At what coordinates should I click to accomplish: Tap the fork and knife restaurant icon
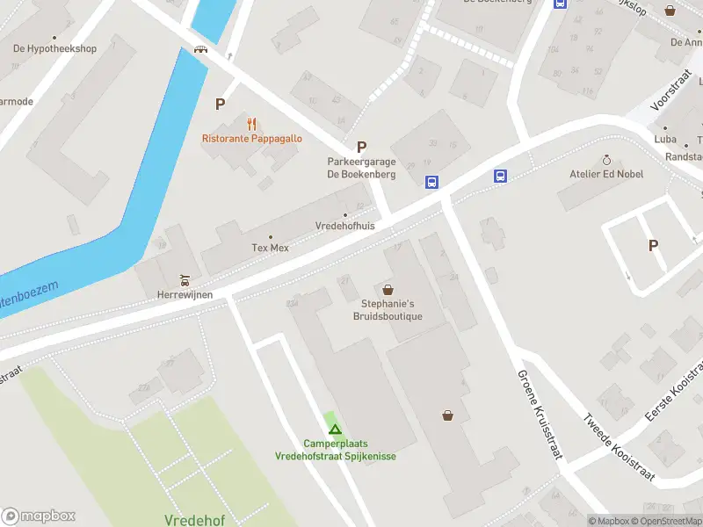click(x=252, y=123)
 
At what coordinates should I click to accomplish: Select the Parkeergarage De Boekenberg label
click(x=361, y=168)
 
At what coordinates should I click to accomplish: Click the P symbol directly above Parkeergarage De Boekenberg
click(x=360, y=147)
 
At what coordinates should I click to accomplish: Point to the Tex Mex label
click(x=270, y=248)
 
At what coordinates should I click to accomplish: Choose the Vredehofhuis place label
click(x=344, y=226)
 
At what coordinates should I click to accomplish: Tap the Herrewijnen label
click(x=185, y=295)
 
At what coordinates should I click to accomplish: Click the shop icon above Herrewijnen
click(x=185, y=280)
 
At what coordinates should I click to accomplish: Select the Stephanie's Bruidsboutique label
click(x=388, y=310)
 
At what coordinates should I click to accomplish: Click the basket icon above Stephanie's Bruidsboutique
click(x=388, y=289)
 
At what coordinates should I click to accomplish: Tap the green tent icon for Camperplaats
click(x=334, y=429)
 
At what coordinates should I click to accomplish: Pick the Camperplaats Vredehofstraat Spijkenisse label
click(x=334, y=450)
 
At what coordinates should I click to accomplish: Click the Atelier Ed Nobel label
click(x=606, y=174)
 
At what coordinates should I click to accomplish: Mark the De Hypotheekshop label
click(x=54, y=48)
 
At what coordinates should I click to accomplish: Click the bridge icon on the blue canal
click(x=201, y=49)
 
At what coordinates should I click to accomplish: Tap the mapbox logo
click(x=39, y=516)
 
